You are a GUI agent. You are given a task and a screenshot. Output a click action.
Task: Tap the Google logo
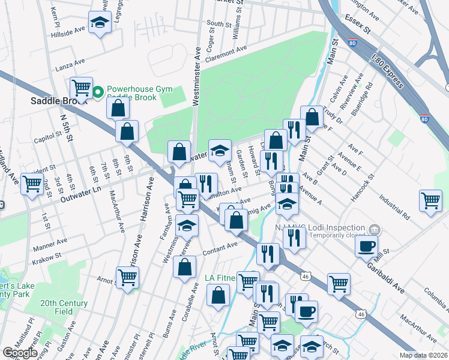20,353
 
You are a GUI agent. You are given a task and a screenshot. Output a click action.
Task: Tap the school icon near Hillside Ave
99,23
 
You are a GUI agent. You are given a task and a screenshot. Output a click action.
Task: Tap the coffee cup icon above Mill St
366,245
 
